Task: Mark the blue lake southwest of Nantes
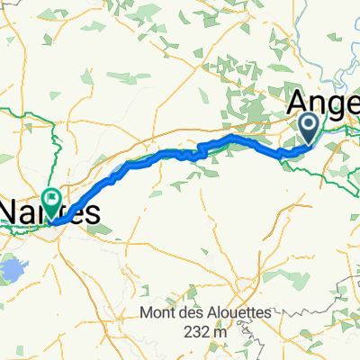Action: (x=13, y=267)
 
